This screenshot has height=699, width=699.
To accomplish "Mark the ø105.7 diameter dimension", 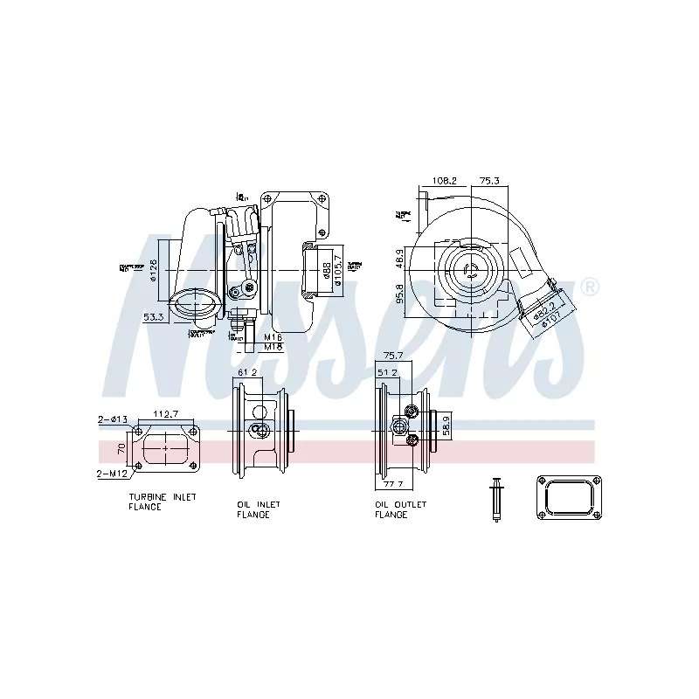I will (338, 266).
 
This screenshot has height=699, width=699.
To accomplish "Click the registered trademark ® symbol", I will (591, 287).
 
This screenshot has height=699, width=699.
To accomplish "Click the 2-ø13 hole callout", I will (113, 420).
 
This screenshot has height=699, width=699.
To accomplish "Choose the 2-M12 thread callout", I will (113, 474).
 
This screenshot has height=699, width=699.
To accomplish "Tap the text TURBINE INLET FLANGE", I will (162, 502).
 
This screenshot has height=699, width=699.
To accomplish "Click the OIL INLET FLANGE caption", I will (259, 509).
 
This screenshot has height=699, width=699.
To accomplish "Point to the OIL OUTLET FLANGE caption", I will (400, 509).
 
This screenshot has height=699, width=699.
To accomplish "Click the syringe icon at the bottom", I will (495, 499).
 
